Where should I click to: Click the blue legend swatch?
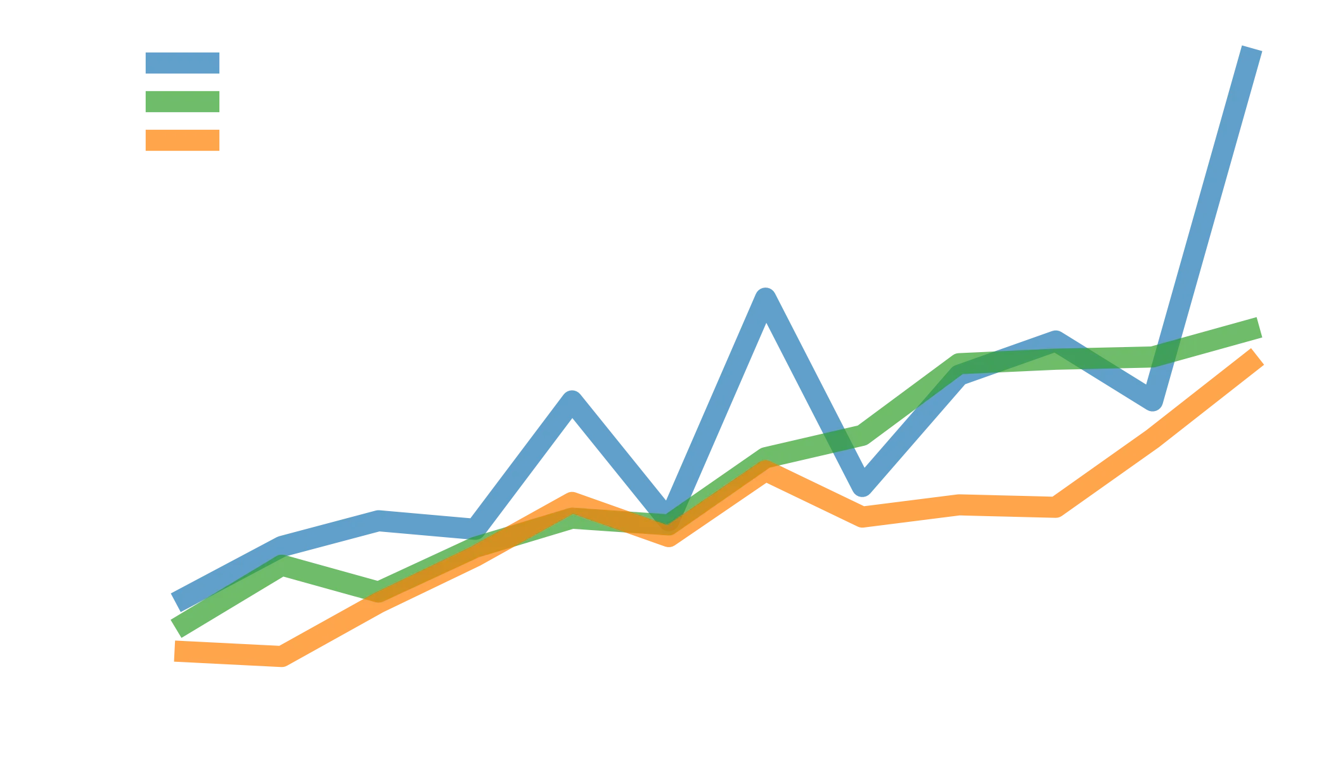(183, 63)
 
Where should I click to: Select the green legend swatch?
(183, 102)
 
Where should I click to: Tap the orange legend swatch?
(183, 140)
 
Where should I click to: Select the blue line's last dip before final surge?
(1154, 399)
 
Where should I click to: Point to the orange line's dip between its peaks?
(669, 532)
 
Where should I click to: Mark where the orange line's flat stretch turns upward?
(1055, 507)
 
